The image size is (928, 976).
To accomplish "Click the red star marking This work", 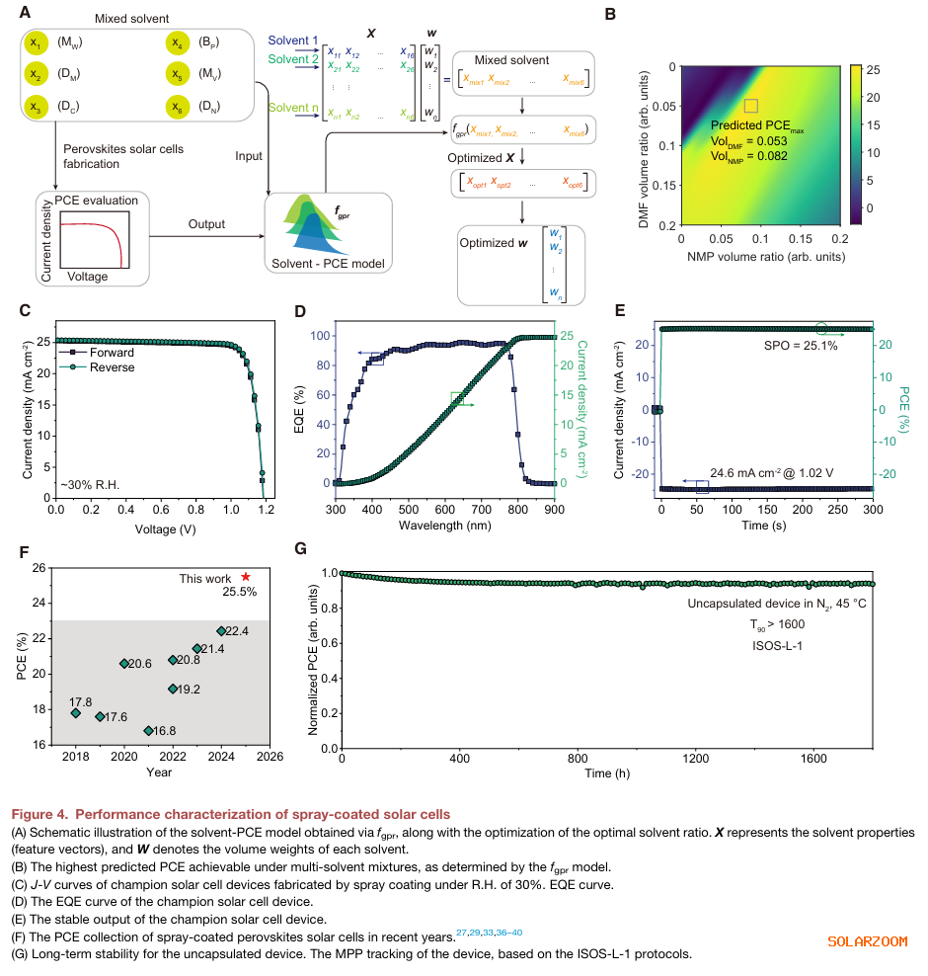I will click(246, 576).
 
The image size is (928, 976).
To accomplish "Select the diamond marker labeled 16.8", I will click(148, 730).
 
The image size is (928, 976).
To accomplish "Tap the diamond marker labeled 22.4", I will click(221, 630).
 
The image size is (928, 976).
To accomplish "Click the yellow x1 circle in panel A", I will click(36, 44).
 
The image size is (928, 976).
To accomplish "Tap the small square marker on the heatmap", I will click(750, 105).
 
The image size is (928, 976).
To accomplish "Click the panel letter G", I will click(301, 548).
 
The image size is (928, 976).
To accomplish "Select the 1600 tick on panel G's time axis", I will click(812, 758).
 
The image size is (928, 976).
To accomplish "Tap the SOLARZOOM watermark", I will click(866, 941).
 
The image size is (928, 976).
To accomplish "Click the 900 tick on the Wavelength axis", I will click(553, 510).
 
